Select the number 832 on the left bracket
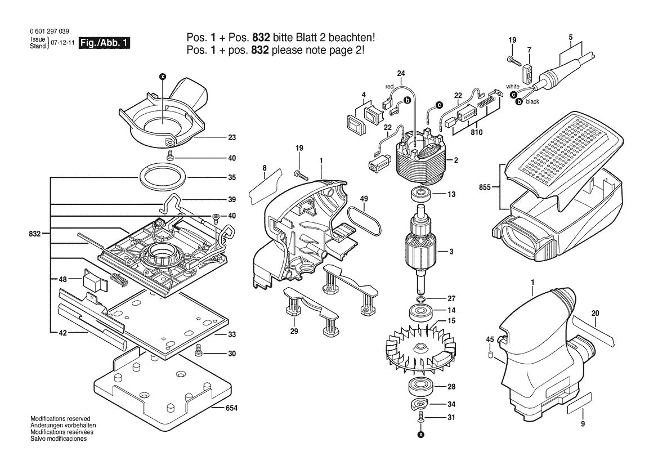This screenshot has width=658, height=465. pos(34,232)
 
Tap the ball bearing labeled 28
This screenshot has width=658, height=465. pos(420,387)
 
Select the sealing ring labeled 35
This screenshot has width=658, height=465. pos(162,177)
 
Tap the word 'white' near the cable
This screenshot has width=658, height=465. pos(512,86)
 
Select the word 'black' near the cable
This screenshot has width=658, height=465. pos(532,102)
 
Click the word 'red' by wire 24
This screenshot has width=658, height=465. pos(389,86)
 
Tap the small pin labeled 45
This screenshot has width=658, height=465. pos(490,355)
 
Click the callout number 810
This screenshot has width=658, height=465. pos(477,132)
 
